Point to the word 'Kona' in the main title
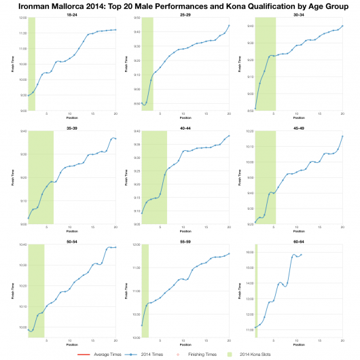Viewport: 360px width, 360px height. coord(255,5)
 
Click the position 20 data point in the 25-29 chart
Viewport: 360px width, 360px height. coord(230,25)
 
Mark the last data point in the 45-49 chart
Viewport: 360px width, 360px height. coord(342,136)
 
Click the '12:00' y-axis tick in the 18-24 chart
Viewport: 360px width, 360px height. coord(23,18)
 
